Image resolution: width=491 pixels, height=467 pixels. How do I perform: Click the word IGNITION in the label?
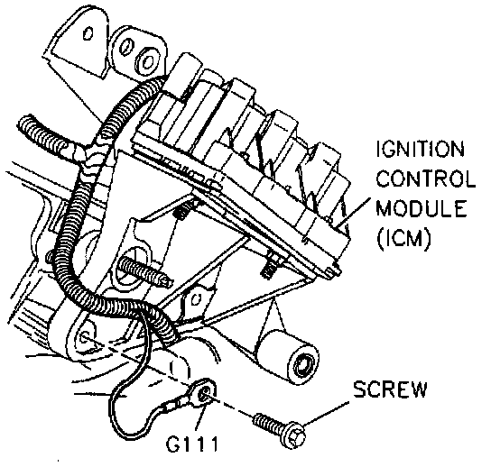click(421, 149)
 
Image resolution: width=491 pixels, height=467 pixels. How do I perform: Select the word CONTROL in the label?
click(426, 179)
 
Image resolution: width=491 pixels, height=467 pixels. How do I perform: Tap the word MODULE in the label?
click(422, 208)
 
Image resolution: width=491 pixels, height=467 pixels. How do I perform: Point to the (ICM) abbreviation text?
click(404, 239)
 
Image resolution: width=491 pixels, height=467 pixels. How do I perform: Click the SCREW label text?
click(390, 389)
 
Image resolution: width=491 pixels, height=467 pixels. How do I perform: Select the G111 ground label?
click(191, 444)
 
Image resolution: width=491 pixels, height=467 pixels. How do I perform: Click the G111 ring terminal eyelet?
click(204, 391)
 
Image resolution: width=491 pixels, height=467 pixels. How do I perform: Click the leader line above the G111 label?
click(200, 418)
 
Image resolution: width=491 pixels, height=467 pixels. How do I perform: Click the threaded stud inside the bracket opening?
click(144, 271)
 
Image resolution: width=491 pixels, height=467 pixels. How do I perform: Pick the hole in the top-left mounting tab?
click(88, 33)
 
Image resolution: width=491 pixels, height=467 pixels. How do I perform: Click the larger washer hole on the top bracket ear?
click(146, 61)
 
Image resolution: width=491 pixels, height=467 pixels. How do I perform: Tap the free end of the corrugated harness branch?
click(25, 124)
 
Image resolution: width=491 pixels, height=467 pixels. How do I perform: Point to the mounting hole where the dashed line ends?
click(85, 337)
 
